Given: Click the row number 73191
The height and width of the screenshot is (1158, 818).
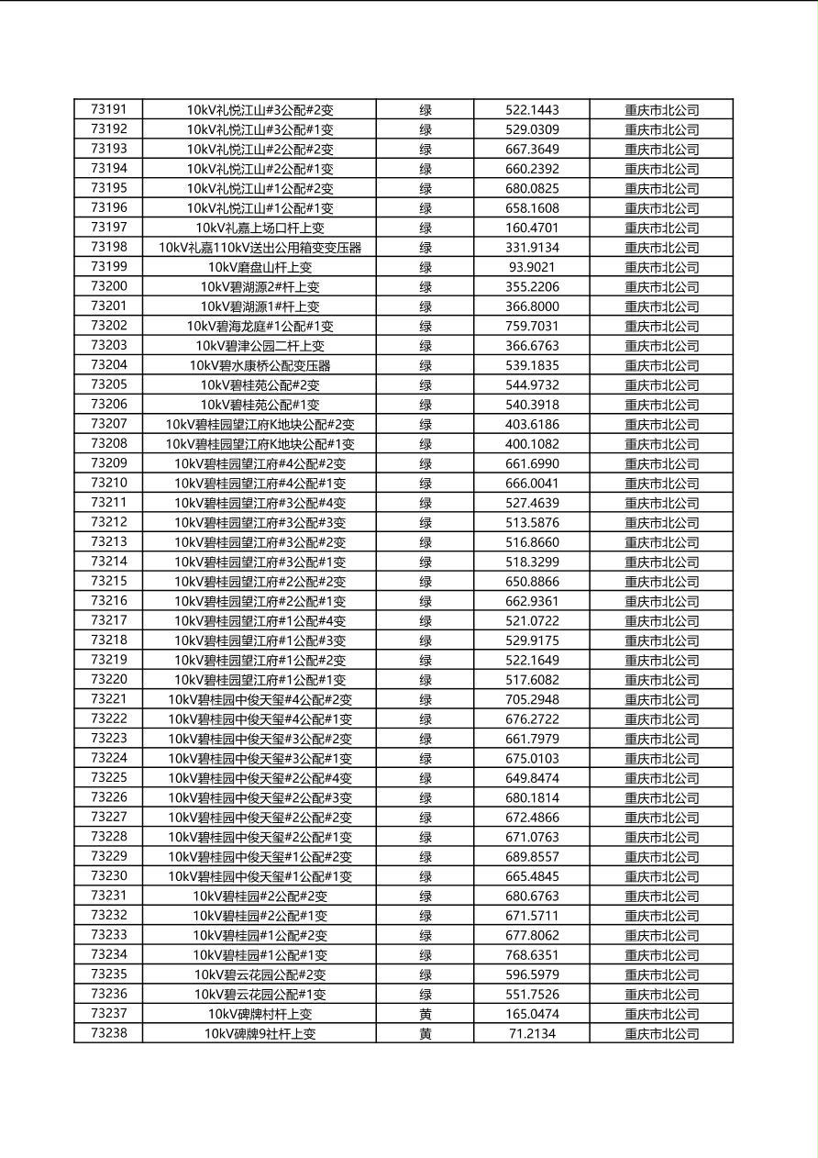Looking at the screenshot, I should [x=109, y=109].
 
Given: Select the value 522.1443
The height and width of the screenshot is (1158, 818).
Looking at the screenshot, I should [x=532, y=110].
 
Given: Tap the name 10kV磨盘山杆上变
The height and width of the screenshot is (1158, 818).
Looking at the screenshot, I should [x=260, y=267].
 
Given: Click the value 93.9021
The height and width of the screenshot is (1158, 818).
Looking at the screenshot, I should [x=532, y=267].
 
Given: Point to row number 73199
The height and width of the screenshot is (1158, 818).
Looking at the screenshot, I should [x=109, y=266].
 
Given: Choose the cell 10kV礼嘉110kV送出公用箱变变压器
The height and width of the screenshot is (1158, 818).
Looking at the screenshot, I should [x=260, y=248].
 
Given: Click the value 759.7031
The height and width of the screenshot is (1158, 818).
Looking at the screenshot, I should [x=532, y=326].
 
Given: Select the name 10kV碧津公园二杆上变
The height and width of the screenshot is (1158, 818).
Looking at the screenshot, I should [x=260, y=346].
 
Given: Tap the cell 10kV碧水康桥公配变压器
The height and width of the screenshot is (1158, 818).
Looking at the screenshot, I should [x=260, y=365].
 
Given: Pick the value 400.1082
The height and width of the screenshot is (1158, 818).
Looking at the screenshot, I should [x=532, y=444].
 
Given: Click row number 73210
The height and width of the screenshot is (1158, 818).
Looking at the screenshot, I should [x=109, y=483].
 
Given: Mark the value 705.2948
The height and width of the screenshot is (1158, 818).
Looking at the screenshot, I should [x=532, y=699].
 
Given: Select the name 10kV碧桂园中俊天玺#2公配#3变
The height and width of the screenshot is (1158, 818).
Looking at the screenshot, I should [x=260, y=798].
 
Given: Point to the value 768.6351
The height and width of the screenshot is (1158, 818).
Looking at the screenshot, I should [x=532, y=955].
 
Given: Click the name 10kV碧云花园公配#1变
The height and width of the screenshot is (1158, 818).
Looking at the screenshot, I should [x=260, y=995].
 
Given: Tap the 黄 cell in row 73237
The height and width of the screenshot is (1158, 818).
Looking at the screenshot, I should [x=426, y=1014].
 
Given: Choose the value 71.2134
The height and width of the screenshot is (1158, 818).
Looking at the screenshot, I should [x=532, y=1034].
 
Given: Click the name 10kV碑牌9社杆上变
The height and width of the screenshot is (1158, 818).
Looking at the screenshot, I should [x=260, y=1034].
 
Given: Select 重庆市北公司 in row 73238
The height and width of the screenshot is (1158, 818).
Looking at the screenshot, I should [x=661, y=1034].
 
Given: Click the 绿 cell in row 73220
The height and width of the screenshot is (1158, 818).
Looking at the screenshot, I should [x=426, y=680].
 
